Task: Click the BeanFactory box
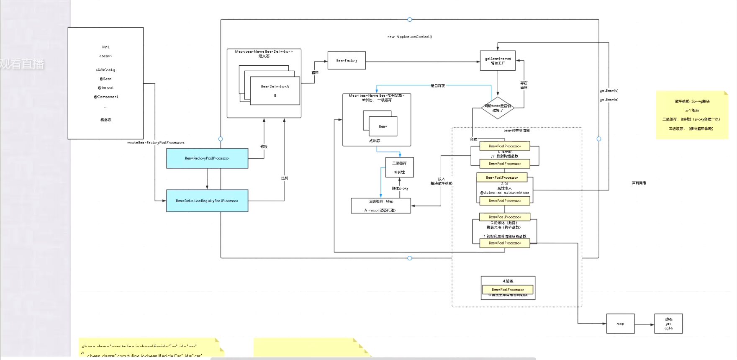coord(347,61)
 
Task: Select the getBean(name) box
coord(498,61)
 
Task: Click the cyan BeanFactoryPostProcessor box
coord(207,158)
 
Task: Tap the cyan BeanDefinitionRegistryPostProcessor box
coord(207,201)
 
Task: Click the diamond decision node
coord(498,108)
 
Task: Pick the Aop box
coord(620,324)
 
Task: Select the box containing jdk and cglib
coord(668,324)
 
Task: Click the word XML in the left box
coord(105,47)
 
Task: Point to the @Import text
coord(105,88)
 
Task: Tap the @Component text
coord(105,97)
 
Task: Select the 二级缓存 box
coord(399,167)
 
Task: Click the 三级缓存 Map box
coord(380,206)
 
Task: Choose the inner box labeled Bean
coord(383,126)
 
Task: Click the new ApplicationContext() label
coord(409,37)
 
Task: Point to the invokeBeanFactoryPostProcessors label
coord(156,143)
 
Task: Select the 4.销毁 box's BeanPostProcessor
coord(507,290)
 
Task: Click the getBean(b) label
coord(609,90)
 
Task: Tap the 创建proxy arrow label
coord(400,188)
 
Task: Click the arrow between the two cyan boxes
coord(207,179)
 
